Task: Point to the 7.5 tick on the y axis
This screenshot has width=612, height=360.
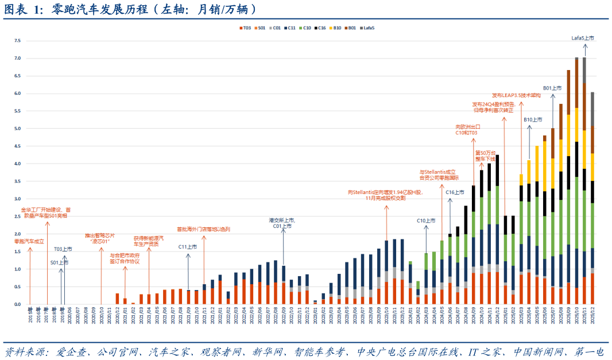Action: click(x=17, y=41)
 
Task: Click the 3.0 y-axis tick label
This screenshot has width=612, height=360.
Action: click(x=17, y=199)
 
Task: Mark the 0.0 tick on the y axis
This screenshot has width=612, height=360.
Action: click(x=17, y=304)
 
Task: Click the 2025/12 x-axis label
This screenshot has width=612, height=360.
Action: click(x=592, y=314)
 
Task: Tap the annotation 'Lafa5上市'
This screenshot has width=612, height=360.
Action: click(x=582, y=38)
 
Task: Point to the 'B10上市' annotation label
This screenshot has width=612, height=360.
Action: click(x=533, y=119)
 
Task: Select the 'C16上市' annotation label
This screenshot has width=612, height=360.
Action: click(x=455, y=192)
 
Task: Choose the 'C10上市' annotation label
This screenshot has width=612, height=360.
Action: click(x=426, y=220)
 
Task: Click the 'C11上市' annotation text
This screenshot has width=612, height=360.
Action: click(x=188, y=246)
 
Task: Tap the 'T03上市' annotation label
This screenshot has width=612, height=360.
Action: click(x=63, y=249)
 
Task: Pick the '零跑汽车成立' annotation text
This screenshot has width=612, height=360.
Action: click(x=29, y=241)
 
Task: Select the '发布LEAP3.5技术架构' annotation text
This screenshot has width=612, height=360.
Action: click(x=516, y=95)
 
